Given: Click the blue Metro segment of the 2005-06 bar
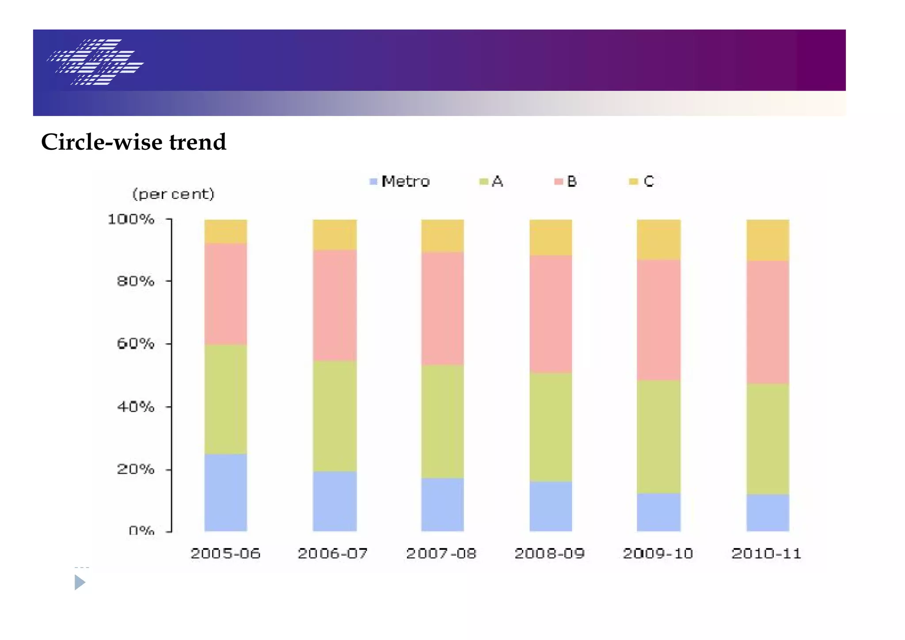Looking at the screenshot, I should point(225,492).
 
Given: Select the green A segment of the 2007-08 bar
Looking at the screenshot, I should point(442,421).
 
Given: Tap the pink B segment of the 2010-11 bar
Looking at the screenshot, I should point(768,322).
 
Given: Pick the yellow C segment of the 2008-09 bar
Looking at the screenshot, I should point(551,237).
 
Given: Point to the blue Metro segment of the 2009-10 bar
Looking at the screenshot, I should point(658,511).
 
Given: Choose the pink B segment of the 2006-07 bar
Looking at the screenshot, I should point(335,305).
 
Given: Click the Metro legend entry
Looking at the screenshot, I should point(399,181).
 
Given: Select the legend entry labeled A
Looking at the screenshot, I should point(491,181).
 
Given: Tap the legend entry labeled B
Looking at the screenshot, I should point(566,181).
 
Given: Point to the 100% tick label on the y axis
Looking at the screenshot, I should point(131,219).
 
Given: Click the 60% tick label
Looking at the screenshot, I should point(136,343).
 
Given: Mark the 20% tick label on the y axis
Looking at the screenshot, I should point(136,469).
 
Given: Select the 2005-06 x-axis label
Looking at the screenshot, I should point(225,553).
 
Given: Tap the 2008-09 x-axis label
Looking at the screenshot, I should point(550,553).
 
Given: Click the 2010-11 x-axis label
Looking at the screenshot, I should point(766,553).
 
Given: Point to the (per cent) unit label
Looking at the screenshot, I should point(173,194).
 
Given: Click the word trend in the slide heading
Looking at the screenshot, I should point(198,142).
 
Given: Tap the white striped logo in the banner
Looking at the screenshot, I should point(95,62).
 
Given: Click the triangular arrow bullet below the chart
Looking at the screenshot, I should point(80,582).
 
